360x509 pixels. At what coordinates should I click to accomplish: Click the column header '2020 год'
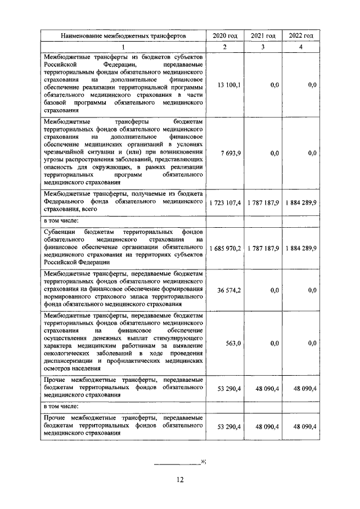click(224, 35)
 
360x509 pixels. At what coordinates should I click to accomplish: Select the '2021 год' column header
click(263, 35)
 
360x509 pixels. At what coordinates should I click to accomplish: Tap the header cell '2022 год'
click(300, 35)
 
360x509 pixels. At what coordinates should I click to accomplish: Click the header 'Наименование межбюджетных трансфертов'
click(123, 35)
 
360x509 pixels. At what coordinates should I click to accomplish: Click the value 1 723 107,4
click(225, 202)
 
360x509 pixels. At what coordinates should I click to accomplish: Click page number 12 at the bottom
click(180, 479)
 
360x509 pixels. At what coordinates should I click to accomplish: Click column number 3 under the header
click(263, 47)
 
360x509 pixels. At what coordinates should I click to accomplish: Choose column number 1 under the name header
click(123, 47)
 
